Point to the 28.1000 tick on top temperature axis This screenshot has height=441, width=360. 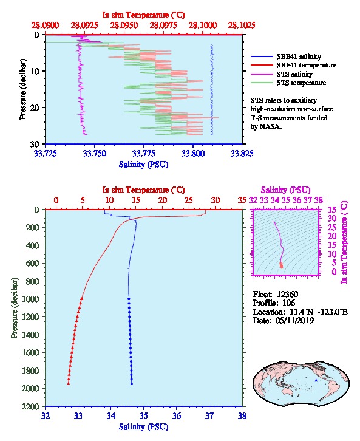(202, 26)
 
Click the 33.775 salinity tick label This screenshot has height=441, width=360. (144, 153)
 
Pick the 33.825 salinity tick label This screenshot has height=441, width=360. (242, 153)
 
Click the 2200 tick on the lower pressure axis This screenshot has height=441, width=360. (30, 406)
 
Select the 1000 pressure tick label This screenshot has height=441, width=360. (30, 299)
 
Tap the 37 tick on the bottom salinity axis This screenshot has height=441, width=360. (209, 415)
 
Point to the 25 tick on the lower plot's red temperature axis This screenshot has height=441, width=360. (189, 200)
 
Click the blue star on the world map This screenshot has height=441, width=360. (316, 380)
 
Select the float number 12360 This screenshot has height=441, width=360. (288, 294)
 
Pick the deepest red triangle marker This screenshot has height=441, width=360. (68, 383)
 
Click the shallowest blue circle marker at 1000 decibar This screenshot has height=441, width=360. (129, 299)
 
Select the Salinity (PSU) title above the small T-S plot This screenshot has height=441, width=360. (286, 190)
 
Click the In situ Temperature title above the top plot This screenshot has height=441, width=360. (144, 15)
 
